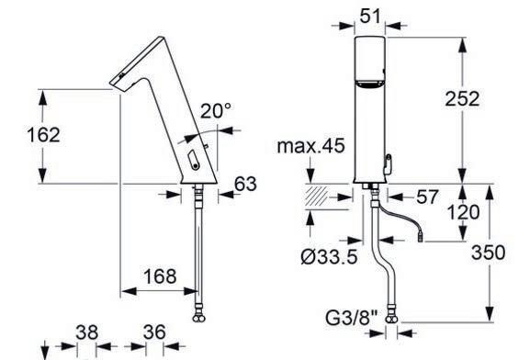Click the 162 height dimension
pos(43,135)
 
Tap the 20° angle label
pos(216,110)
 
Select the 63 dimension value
pos(246,185)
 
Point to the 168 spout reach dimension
pos(160,276)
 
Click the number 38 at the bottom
pos(87,332)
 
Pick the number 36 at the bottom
pos(154,332)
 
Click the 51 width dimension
pos(370,16)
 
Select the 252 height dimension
pos(462,99)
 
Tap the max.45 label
pos(311,146)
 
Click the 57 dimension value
pos(427,197)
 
